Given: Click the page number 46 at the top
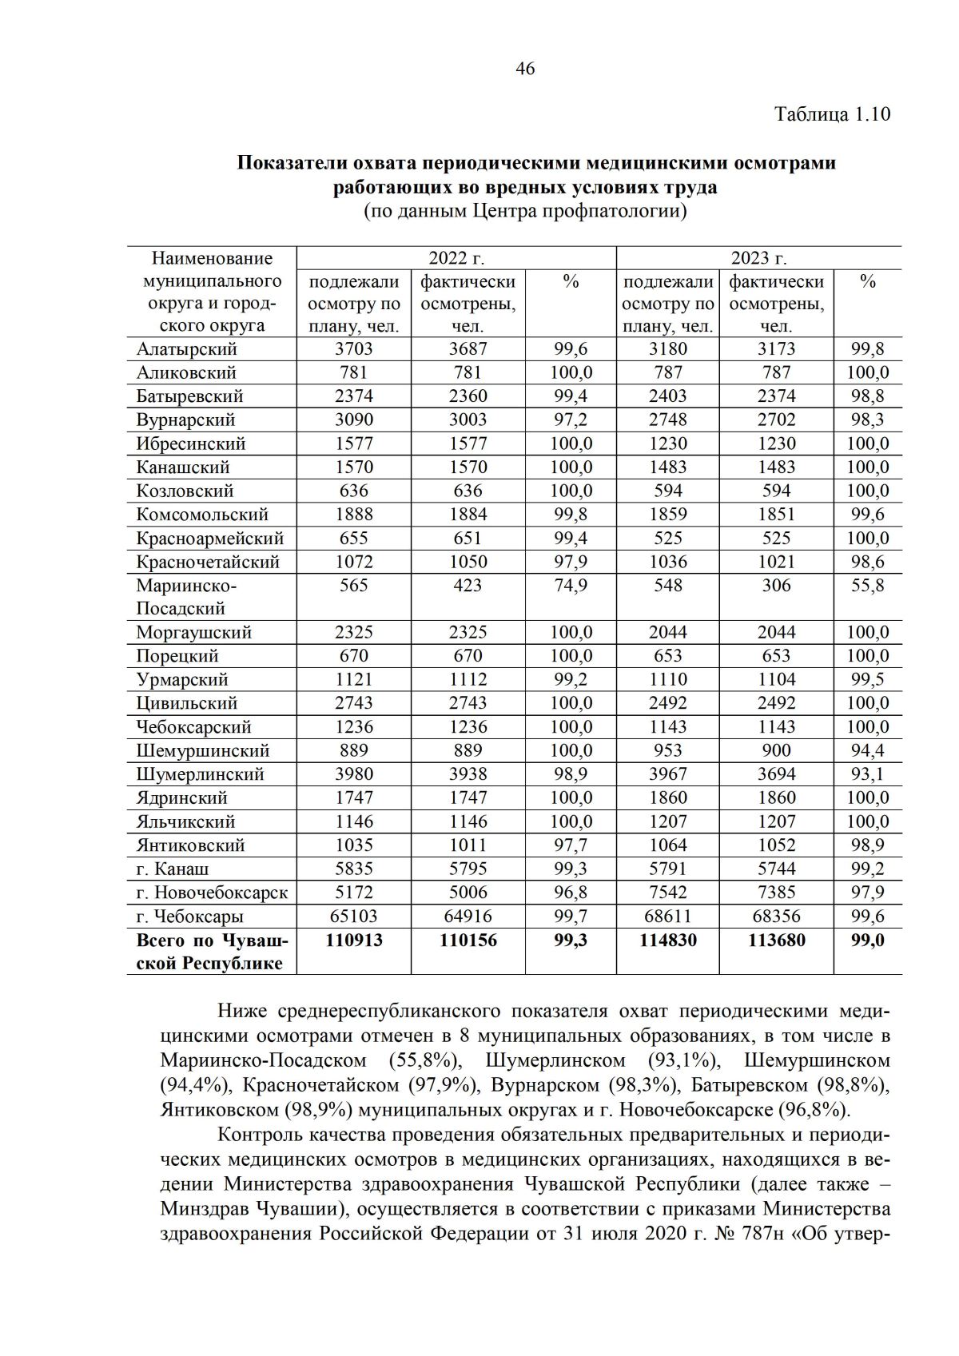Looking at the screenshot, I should tap(525, 69).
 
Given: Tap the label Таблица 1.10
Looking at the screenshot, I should tap(832, 114).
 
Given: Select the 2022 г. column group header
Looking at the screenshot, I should tap(456, 258).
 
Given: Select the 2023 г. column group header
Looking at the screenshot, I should tap(758, 258).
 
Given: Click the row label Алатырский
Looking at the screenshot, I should tap(186, 349).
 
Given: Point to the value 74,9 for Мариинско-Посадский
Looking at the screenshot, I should tap(571, 586).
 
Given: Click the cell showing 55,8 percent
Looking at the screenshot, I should tap(867, 586).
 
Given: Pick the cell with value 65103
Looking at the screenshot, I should tap(353, 917).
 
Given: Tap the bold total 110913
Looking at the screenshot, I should tap(353, 940).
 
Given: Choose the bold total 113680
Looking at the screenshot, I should tap(776, 940).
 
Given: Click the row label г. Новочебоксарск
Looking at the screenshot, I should tap(212, 893).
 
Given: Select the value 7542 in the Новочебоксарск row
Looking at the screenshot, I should tap(667, 893).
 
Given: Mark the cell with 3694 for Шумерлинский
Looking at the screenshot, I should tap(776, 774).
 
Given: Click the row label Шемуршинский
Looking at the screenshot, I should tap(202, 751).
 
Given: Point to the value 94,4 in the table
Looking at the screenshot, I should tap(867, 751).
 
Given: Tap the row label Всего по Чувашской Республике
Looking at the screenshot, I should tap(211, 952).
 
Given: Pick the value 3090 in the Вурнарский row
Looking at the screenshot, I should tap(353, 420).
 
